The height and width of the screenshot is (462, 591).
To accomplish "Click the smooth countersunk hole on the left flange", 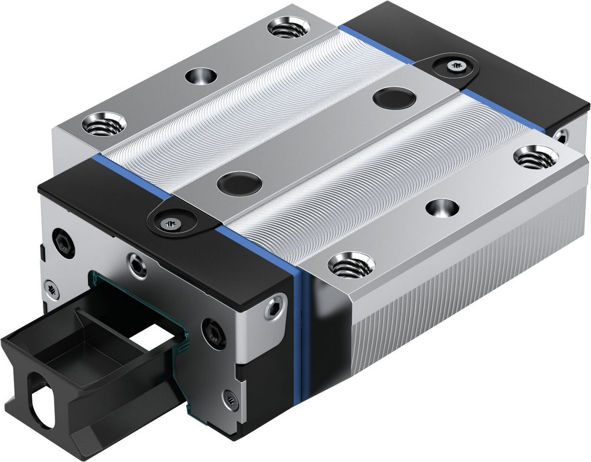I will (x=201, y=76).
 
